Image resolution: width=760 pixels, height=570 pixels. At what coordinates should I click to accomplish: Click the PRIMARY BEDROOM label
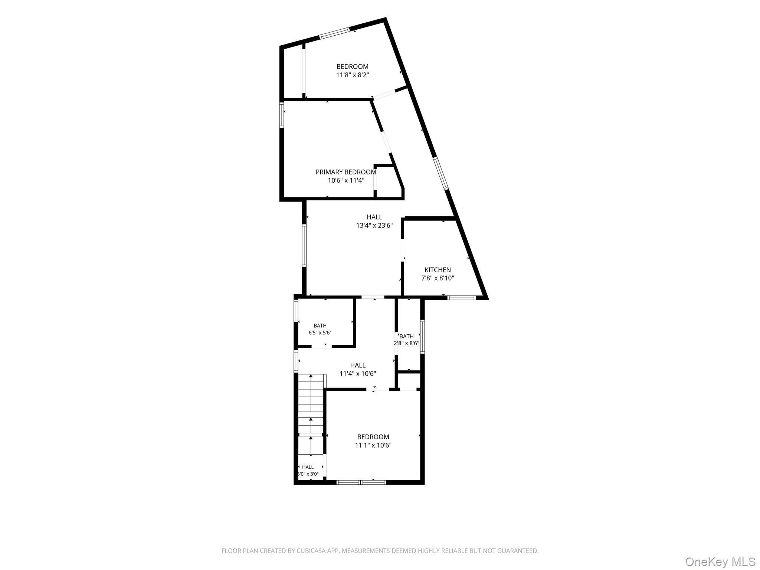point(346,172)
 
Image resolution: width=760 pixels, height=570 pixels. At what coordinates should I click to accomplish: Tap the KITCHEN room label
point(438,270)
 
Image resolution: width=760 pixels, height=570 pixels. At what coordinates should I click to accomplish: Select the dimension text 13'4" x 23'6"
point(374,225)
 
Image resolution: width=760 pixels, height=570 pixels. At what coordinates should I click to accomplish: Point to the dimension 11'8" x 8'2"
point(353,75)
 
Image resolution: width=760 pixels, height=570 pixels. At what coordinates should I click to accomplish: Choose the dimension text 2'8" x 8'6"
point(406,343)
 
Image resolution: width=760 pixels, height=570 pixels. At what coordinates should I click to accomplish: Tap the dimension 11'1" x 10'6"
point(373,445)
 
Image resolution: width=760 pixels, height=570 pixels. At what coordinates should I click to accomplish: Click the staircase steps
point(311,414)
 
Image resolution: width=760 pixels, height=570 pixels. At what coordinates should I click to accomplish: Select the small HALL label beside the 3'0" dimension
point(308,467)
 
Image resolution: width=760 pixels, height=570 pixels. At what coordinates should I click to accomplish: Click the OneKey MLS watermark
point(720,561)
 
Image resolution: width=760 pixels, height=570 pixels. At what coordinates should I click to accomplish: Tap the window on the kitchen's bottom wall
point(461,298)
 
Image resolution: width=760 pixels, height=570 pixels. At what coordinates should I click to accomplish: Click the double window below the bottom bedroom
point(361,482)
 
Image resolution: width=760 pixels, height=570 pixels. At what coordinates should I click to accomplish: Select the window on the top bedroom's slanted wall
point(335,33)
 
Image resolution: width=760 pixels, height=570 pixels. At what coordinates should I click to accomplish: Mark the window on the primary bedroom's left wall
point(282,115)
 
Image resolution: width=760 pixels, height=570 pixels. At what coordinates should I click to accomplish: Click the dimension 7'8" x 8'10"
point(438,278)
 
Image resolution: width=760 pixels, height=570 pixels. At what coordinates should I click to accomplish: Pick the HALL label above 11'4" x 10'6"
point(358,366)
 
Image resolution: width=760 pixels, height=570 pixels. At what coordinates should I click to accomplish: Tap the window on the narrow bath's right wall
point(422,336)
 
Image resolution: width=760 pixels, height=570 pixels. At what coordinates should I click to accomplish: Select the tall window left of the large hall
point(304,245)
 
